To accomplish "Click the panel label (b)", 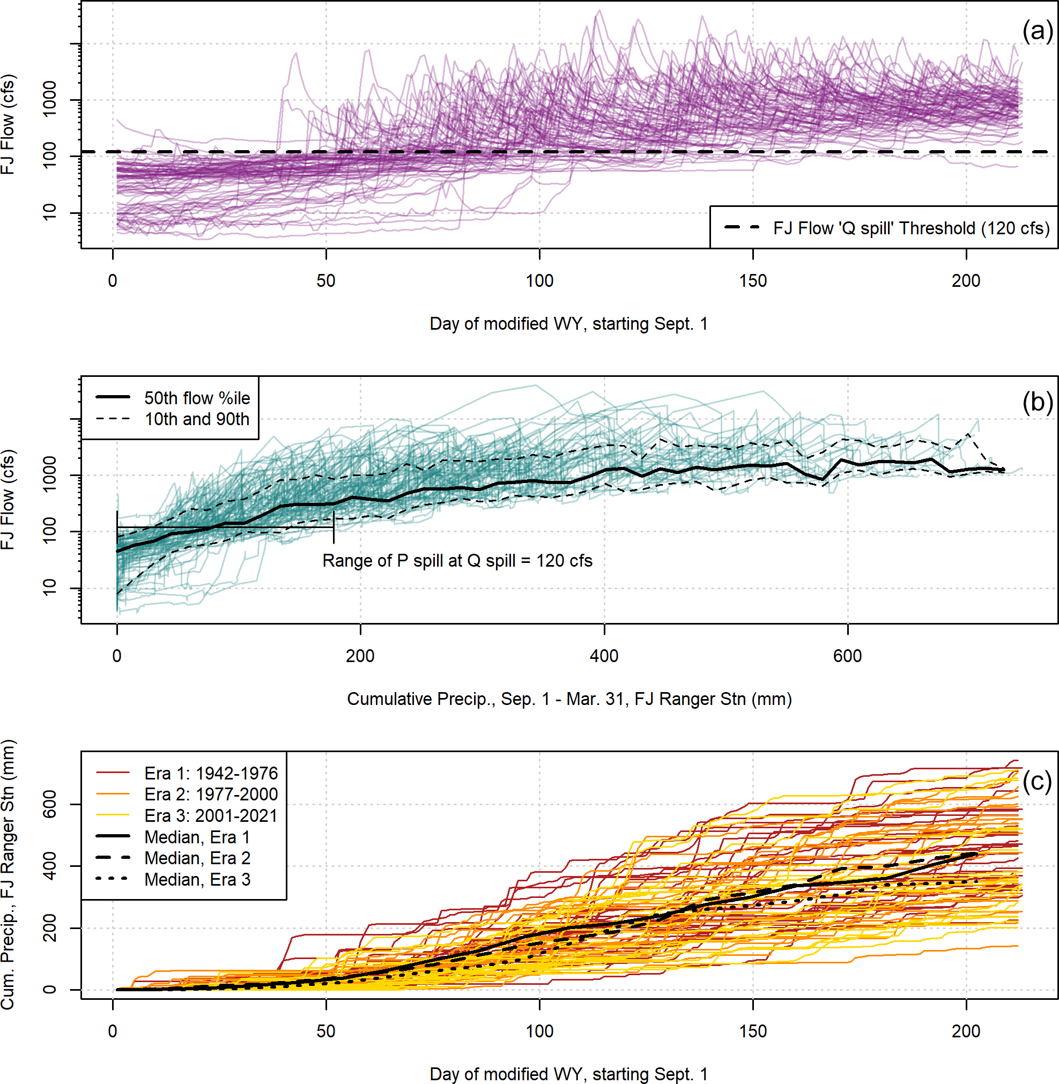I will click(1037, 402).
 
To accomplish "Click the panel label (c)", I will click(1037, 781).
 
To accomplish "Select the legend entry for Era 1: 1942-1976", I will click(211, 773).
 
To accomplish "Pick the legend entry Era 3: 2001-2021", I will click(211, 815).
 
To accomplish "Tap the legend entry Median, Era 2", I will click(197, 858).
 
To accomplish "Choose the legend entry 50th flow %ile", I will click(197, 398).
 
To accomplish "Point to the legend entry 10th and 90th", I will click(197, 419).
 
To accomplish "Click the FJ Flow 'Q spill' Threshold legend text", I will click(911, 228).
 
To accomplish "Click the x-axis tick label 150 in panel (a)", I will click(752, 281).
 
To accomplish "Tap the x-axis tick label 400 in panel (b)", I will click(604, 656).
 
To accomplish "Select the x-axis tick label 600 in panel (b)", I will click(847, 656).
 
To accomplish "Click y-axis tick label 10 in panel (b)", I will click(49, 588).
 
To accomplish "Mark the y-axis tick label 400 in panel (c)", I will click(49, 866).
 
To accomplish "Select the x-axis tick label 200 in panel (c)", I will click(966, 1031).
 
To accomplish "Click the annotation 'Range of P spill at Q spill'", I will click(457, 561).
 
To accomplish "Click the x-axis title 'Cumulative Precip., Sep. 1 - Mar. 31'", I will click(569, 699).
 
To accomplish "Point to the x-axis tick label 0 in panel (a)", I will click(113, 281).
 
